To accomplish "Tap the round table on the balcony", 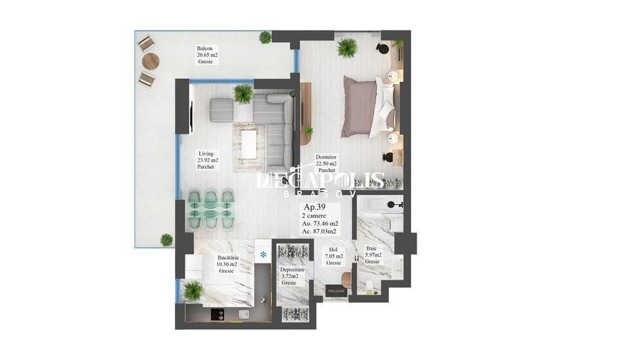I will coord(150,61).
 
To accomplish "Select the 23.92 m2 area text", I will coord(208,161).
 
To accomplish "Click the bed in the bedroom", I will coord(367,107).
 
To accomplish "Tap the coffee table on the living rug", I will coord(249,144).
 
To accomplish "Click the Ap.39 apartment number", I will coord(316,208).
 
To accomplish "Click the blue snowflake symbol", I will coord(263,253).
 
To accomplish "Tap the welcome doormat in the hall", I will coord(335,290).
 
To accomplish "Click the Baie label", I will coord(372,248).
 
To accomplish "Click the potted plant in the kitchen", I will coord(193,290).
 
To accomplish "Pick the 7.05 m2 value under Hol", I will coord(334,256).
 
